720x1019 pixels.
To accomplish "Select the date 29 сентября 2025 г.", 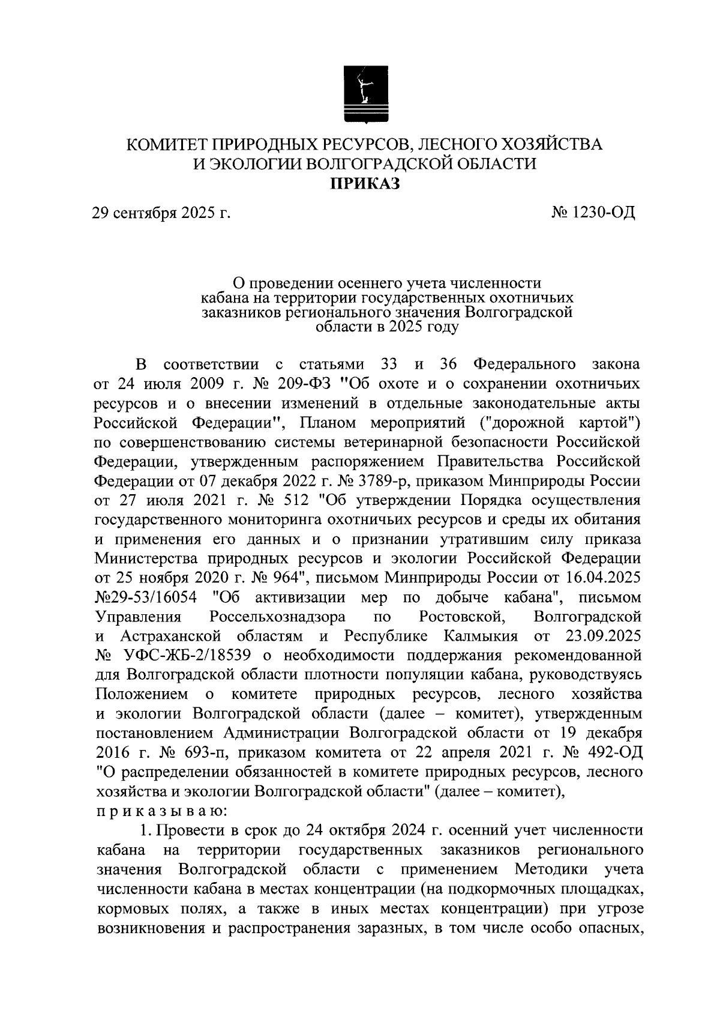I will point(161,212).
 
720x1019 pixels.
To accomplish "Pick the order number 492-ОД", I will point(613,752).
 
